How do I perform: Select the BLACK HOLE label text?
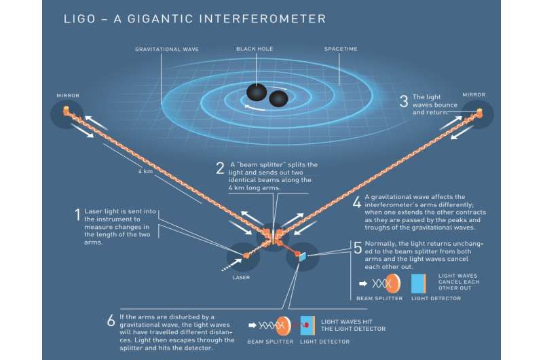pos(255,50)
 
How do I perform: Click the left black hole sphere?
pos(257,93)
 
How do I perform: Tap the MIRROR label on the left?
pos(68,95)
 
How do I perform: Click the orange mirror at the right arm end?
pos(479,111)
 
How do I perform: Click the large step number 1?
pos(77,216)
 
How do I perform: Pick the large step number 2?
pos(220,168)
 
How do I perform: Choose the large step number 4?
pos(357,202)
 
